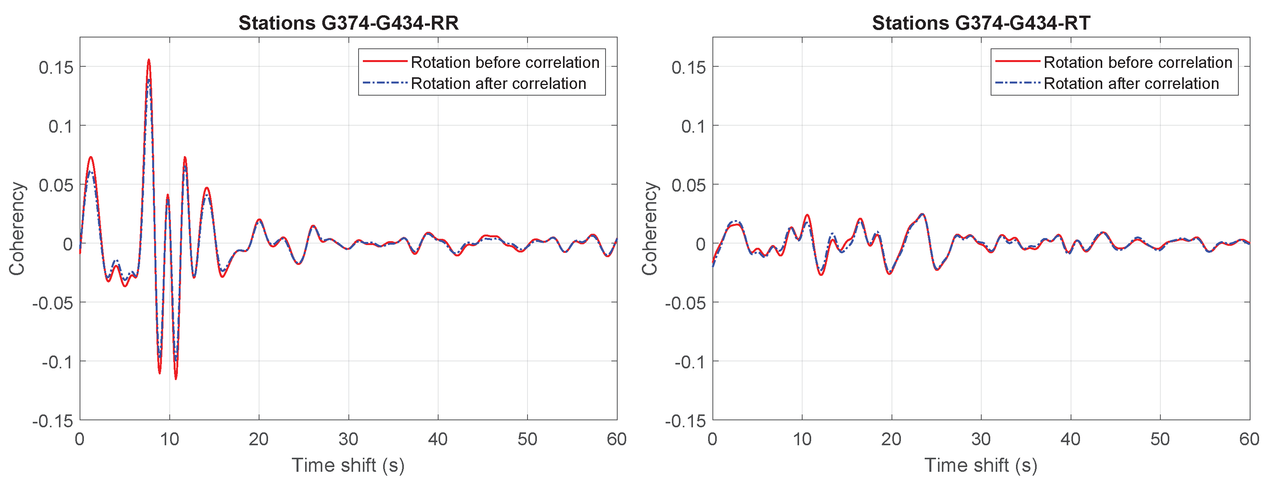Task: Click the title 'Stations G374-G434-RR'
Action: point(348,23)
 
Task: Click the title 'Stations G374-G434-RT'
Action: point(981,23)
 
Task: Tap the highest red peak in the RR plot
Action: point(148,60)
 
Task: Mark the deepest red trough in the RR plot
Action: point(176,378)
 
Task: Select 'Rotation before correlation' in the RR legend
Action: point(505,62)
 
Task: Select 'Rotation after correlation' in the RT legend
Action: point(1131,84)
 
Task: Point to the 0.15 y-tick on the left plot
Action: point(56,68)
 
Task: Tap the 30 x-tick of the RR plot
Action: point(348,439)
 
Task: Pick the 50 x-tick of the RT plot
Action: point(1160,439)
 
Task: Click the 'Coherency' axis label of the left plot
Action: point(17,228)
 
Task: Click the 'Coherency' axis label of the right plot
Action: point(649,228)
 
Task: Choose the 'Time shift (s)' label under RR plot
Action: point(348,465)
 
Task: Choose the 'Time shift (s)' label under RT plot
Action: point(980,465)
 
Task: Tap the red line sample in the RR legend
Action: point(385,62)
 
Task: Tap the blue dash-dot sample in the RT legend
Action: point(1018,83)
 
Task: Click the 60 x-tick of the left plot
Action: point(616,439)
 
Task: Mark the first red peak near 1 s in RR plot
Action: point(91,157)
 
